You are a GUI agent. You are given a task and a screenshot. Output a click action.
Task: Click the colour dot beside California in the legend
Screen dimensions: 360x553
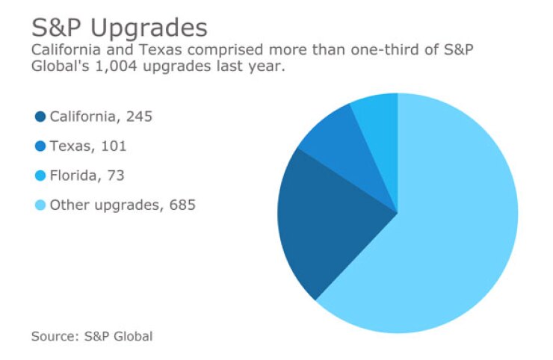click(x=40, y=117)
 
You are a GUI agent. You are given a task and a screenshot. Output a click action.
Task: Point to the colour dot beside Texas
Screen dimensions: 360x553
click(x=40, y=146)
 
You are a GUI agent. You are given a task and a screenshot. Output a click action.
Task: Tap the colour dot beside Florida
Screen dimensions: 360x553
click(x=40, y=176)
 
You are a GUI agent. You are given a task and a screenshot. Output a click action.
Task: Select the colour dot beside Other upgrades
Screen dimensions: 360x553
click(x=40, y=205)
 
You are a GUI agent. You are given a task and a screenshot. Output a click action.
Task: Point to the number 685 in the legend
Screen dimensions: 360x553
click(x=181, y=205)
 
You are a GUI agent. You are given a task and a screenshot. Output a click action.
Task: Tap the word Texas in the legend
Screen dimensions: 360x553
click(x=69, y=146)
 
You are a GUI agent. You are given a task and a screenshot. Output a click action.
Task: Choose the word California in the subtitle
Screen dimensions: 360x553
click(x=63, y=51)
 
